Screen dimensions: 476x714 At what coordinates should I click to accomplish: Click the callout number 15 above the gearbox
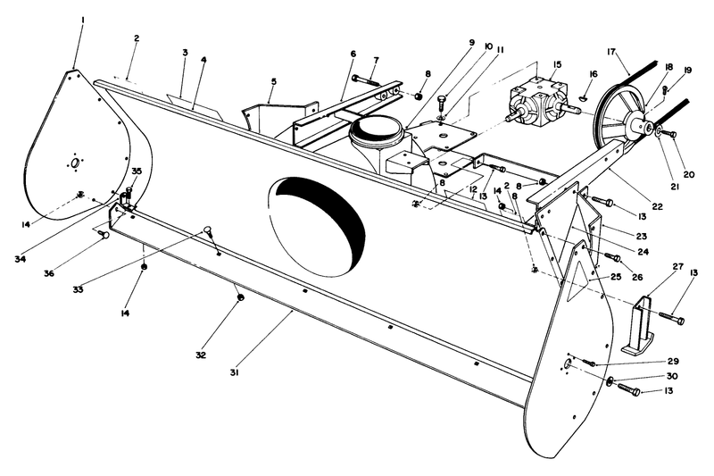point(557,64)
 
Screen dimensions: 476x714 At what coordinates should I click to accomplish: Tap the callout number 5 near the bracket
point(273,81)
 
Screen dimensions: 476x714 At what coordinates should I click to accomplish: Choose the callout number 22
point(656,206)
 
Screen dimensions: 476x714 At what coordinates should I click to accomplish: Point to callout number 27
point(652,266)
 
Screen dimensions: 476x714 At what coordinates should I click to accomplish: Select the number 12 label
point(472,191)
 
